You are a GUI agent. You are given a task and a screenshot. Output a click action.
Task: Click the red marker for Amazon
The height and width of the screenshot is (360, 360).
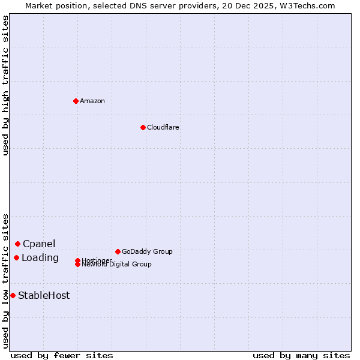(76, 101)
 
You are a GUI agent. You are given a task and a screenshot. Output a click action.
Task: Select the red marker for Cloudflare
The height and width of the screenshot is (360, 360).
(143, 127)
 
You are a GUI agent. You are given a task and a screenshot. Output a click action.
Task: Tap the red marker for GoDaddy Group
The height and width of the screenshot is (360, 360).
(118, 251)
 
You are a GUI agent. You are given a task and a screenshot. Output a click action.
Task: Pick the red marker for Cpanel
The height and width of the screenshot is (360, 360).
(17, 244)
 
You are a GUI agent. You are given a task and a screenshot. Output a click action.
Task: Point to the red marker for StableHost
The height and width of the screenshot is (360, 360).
(13, 295)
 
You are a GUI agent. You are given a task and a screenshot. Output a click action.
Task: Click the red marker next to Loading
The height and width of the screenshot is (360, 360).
(16, 257)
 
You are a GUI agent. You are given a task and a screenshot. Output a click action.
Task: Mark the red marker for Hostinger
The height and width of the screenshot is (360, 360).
(78, 260)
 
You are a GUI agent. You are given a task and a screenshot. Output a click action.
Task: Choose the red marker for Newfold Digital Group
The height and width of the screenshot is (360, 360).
(78, 264)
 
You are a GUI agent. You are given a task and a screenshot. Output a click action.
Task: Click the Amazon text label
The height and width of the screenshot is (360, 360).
(92, 101)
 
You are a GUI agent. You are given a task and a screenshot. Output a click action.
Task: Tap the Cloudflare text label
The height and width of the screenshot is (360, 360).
(163, 127)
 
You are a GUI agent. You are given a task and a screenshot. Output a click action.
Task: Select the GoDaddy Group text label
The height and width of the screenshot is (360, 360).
(147, 251)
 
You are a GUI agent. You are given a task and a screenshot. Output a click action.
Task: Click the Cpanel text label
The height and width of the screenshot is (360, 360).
(39, 244)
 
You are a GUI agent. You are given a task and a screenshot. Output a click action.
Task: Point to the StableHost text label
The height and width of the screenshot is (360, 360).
(44, 295)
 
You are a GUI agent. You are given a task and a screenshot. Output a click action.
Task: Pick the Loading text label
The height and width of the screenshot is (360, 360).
(40, 258)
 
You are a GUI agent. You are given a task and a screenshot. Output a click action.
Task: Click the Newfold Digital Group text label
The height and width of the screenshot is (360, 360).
(117, 265)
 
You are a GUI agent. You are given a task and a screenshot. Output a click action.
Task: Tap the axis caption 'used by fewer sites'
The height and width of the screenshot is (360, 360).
(62, 355)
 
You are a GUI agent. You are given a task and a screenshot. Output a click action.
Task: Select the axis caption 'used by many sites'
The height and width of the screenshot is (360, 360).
(301, 355)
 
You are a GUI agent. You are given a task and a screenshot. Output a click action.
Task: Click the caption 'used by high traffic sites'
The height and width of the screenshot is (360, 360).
(5, 85)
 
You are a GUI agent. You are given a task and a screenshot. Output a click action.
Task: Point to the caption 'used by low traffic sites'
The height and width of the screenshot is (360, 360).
(5, 281)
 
